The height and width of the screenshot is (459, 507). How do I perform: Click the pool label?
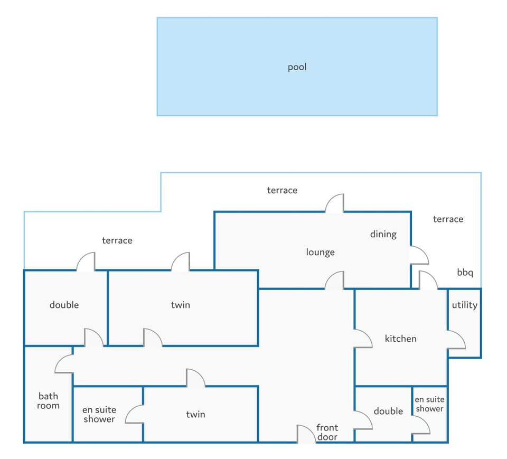[297, 67]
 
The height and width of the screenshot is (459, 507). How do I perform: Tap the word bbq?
[465, 273]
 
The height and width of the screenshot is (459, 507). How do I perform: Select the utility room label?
[464, 305]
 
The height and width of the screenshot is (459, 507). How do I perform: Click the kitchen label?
[401, 339]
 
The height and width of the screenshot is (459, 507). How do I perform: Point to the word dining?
[383, 234]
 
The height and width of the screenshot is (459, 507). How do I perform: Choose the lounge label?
[320, 252]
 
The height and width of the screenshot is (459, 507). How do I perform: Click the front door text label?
[327, 432]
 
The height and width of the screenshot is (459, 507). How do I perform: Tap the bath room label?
[48, 401]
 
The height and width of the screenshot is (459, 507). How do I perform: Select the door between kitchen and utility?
[456, 339]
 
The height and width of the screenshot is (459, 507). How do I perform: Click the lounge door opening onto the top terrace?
[334, 203]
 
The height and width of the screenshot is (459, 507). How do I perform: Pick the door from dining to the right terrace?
[420, 255]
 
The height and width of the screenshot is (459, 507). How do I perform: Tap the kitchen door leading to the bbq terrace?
[428, 280]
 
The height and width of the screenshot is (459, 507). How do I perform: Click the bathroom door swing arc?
[64, 364]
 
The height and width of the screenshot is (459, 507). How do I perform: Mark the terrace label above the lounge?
[282, 190]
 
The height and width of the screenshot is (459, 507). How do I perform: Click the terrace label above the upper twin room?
[117, 240]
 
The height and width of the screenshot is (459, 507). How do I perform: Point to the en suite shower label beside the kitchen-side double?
[429, 404]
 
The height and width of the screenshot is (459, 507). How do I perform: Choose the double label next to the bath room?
[64, 305]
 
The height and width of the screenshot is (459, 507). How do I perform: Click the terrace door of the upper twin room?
[181, 261]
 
